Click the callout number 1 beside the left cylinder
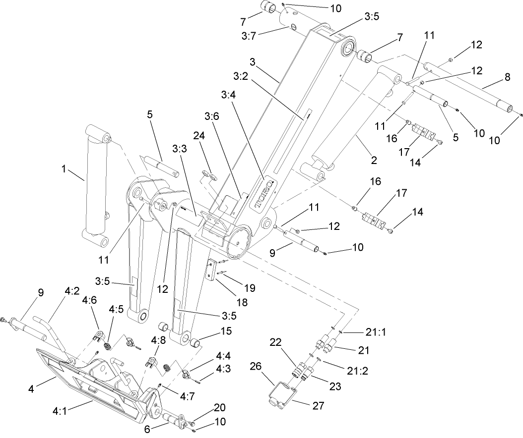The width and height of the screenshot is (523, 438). [x=64, y=169]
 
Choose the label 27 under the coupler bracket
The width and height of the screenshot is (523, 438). [x=318, y=406]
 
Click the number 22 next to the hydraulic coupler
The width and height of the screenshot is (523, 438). [x=276, y=342]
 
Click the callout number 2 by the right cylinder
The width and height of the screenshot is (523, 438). [x=374, y=160]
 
